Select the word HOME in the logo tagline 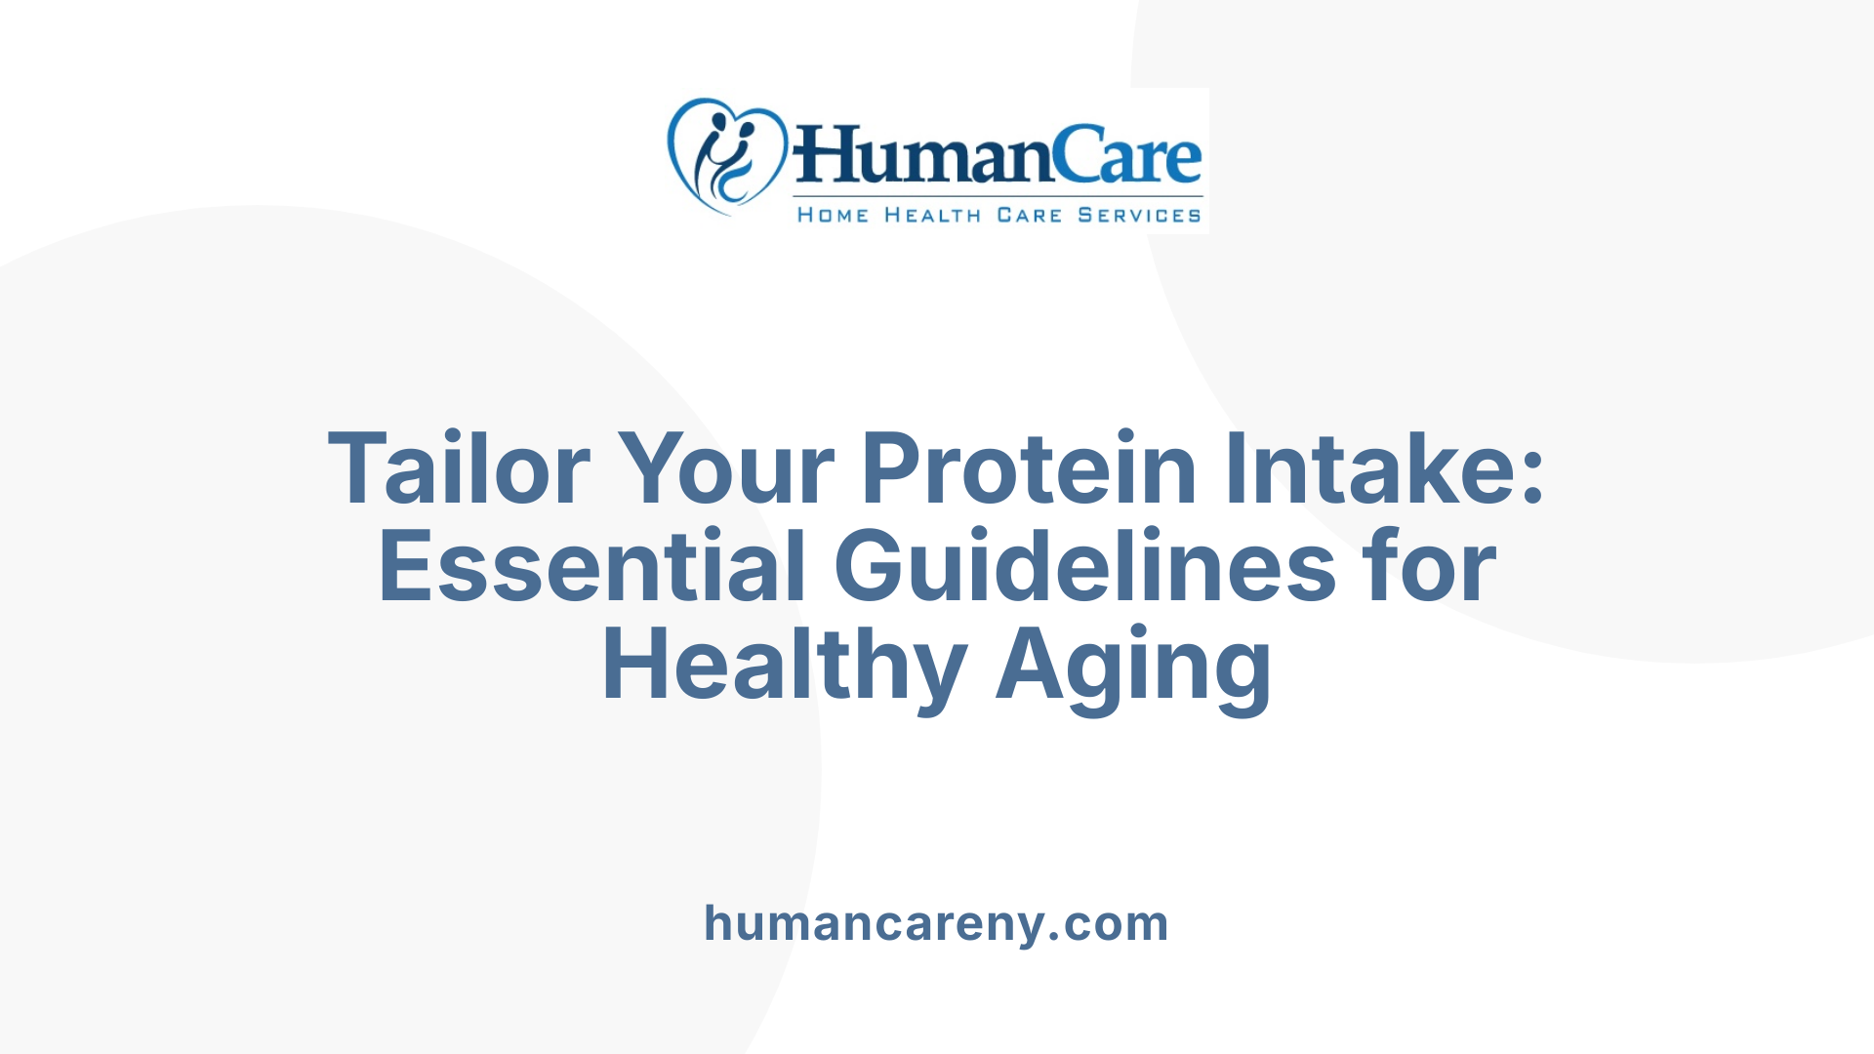pyautogui.click(x=833, y=216)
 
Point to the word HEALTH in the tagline pyautogui.click(x=932, y=216)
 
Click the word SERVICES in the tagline pyautogui.click(x=1139, y=216)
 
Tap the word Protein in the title pyautogui.click(x=1028, y=469)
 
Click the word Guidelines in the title pyautogui.click(x=1084, y=567)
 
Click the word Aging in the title pyautogui.click(x=1133, y=668)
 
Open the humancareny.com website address pyautogui.click(x=936, y=923)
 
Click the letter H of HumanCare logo pyautogui.click(x=825, y=156)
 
